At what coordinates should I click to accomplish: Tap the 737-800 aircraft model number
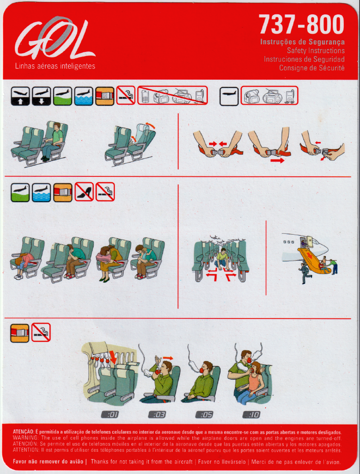point(301,25)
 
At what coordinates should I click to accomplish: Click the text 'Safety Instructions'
point(316,50)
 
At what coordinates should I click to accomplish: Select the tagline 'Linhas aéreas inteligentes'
point(55,66)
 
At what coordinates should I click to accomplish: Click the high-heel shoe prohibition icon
point(84,192)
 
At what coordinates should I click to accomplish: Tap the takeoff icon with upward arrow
point(20,96)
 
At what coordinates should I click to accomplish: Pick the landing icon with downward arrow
point(41,96)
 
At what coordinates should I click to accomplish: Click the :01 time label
point(110,414)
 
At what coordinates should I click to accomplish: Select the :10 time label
point(251,414)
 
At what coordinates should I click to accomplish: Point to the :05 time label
point(204,414)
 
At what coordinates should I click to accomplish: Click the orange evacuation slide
point(311,258)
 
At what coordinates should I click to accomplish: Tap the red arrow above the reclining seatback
point(150,125)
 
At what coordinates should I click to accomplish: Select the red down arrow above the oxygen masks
point(113,357)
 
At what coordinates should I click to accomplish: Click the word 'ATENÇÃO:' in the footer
point(24,432)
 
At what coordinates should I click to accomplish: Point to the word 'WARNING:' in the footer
point(25,438)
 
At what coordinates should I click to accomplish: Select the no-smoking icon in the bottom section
point(41,332)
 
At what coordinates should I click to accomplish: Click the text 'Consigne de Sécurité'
point(311,68)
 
